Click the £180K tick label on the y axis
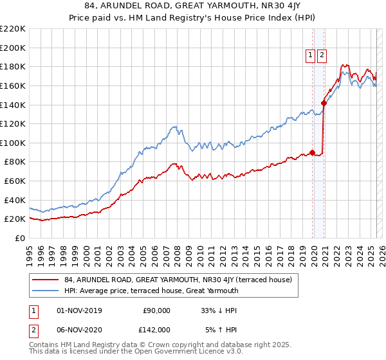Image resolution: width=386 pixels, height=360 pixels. [x=14, y=66]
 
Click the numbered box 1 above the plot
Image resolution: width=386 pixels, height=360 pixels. [x=311, y=56]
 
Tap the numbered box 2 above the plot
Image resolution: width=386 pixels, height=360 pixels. [x=321, y=56]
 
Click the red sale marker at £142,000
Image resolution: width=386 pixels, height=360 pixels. [x=324, y=102]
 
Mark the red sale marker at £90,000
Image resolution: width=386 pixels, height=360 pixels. [x=313, y=152]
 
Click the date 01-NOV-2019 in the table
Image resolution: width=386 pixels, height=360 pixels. [x=79, y=310]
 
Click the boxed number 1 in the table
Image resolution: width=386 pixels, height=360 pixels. [x=32, y=310]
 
